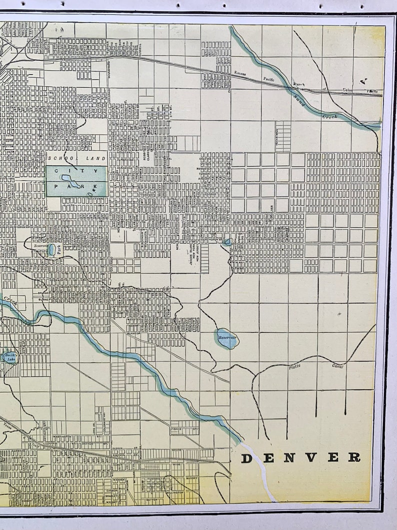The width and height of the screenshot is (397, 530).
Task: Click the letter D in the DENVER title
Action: click(x=246, y=458)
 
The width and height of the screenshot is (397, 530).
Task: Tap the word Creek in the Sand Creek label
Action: click(x=329, y=117)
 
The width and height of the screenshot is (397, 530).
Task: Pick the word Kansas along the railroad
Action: click(x=240, y=73)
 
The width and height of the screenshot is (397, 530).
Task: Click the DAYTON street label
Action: click(x=152, y=499)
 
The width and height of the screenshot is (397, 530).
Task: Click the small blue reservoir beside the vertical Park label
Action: click(x=52, y=249)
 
